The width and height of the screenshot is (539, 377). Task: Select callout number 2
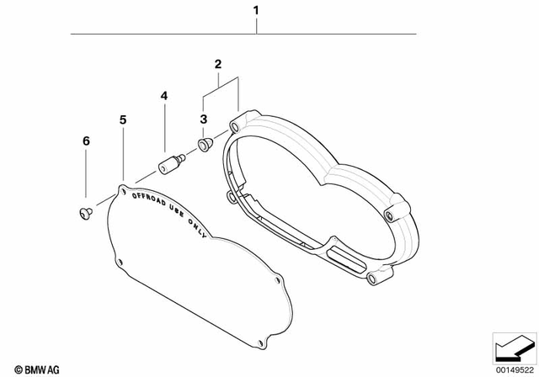[x=217, y=64]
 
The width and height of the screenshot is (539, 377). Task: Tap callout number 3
[x=204, y=120]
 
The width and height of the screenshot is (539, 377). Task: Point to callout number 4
[x=165, y=98]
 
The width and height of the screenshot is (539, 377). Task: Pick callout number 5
[x=123, y=120]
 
